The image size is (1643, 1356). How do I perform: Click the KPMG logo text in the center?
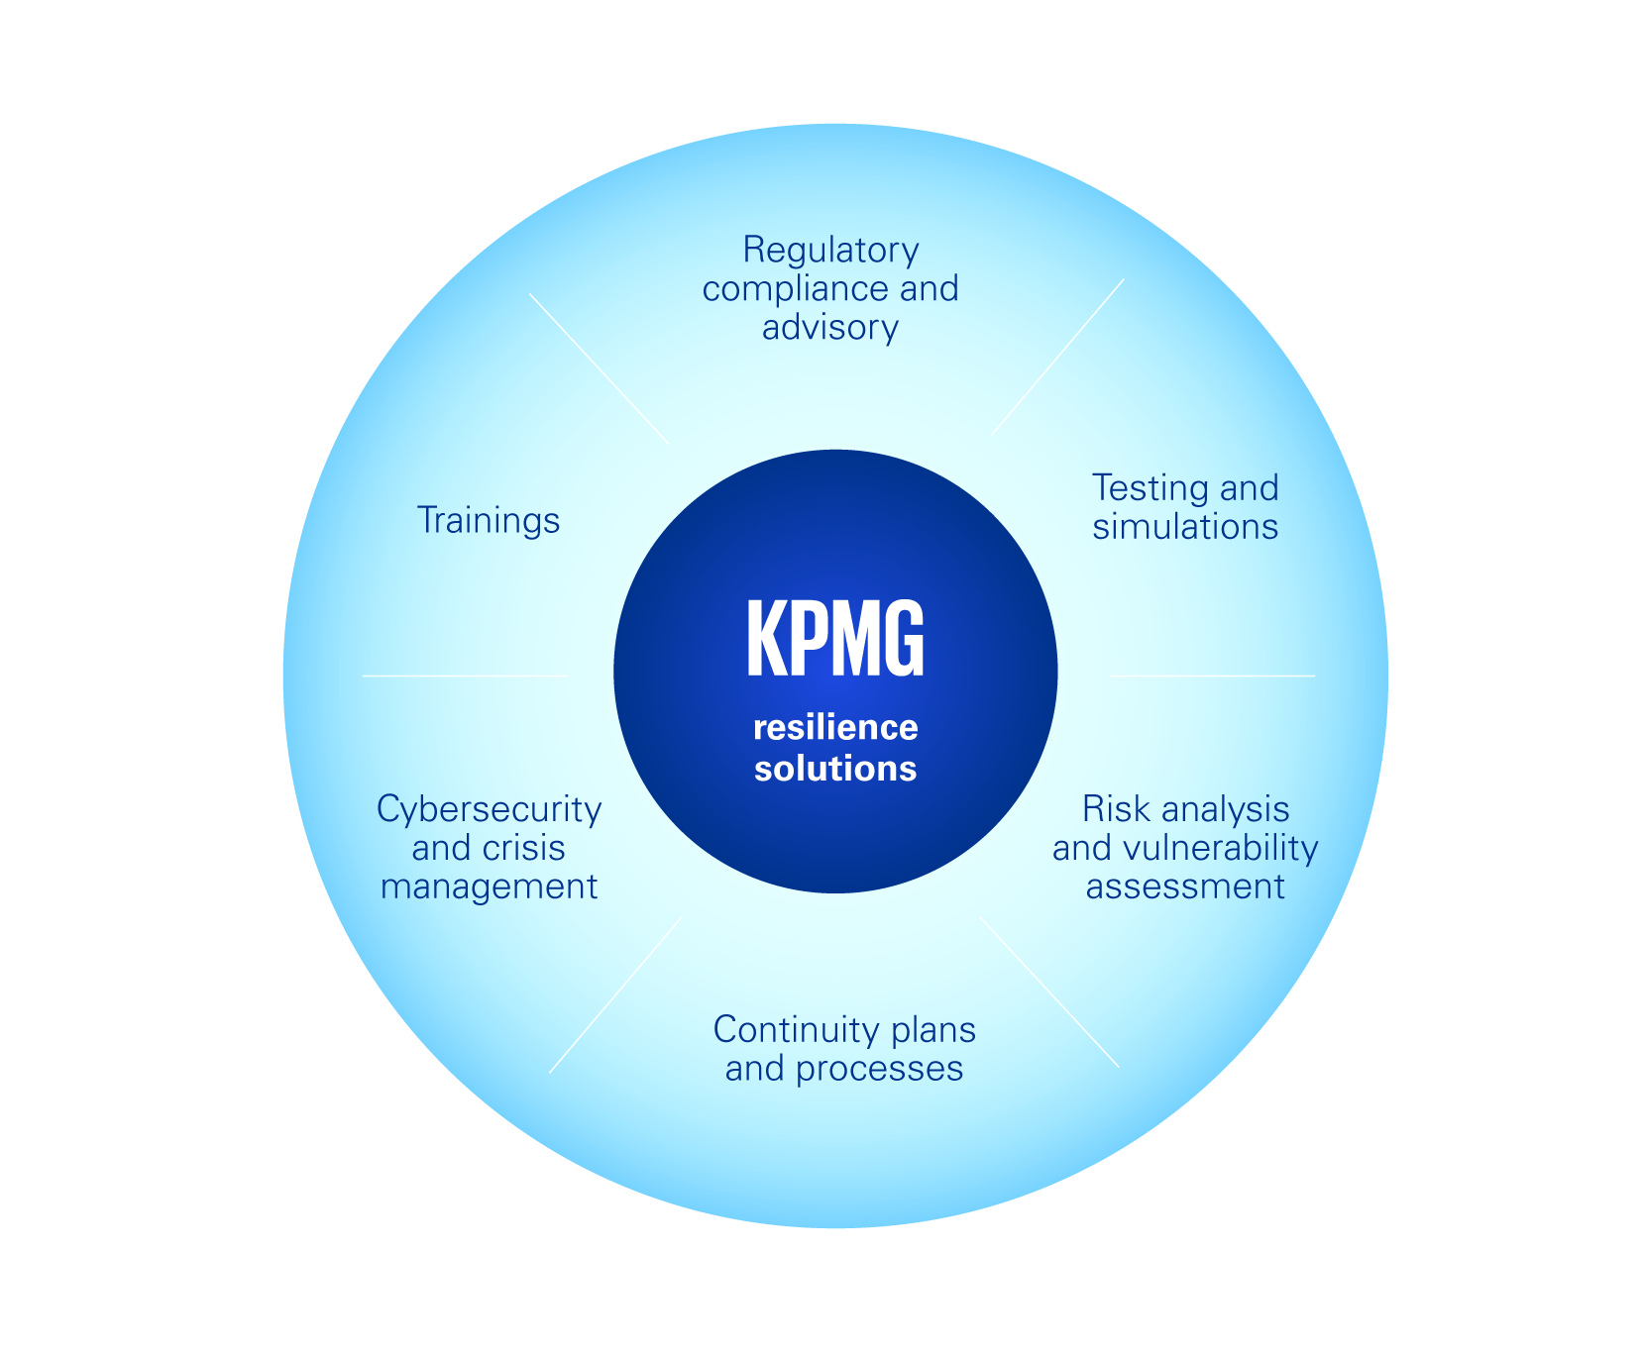834,639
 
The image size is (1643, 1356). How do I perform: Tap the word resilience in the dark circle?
835,728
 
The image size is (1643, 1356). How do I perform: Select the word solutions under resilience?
835,769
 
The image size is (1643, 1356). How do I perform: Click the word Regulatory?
830,251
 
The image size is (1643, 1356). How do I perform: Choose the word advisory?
830,328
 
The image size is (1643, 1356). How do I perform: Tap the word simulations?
1185,527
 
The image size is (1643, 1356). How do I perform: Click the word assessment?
1185,887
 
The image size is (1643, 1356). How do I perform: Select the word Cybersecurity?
489,810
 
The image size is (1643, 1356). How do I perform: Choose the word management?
489,887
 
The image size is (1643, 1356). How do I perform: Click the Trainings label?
489,520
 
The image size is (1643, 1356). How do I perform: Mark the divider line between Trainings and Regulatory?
599,368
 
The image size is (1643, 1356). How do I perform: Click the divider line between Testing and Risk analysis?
1212,676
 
